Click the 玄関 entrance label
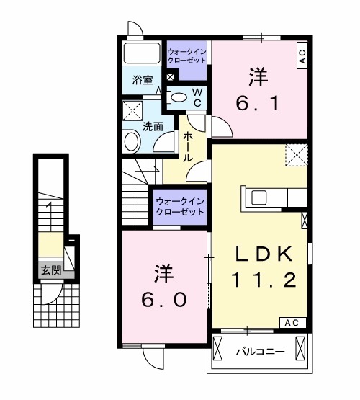[50, 271]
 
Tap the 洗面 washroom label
[152, 126]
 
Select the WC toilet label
[195, 98]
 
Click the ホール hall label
[187, 147]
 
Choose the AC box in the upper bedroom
[302, 56]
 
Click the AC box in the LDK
[294, 322]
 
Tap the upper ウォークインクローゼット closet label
[187, 55]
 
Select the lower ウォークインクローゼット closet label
[179, 207]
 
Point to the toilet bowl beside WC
[177, 97]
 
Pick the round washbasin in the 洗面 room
[132, 141]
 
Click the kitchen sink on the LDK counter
[258, 197]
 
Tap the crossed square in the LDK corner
[297, 155]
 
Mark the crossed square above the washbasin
[132, 111]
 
